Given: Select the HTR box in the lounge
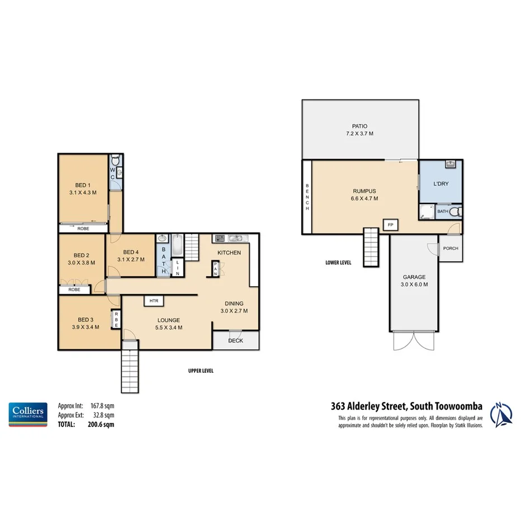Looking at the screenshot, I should coord(153,301).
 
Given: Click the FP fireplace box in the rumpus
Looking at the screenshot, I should coord(390,225).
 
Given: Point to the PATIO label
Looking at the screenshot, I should coord(359,126).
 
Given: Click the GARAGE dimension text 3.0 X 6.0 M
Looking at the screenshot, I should coord(414,285).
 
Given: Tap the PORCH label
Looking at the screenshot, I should coord(451,248).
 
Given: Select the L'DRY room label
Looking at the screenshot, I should coord(441,183).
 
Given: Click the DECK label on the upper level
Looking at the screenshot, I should coord(235,340).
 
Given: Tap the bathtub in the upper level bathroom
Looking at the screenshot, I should coord(177,246).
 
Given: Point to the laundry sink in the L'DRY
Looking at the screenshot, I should coord(451,164).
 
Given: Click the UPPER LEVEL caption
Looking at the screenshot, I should coord(201,371).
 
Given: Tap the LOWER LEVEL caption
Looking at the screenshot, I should coord(338,262).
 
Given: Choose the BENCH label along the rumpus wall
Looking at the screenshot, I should coord(307,197).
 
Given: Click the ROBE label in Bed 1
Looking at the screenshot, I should coord(83,228).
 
